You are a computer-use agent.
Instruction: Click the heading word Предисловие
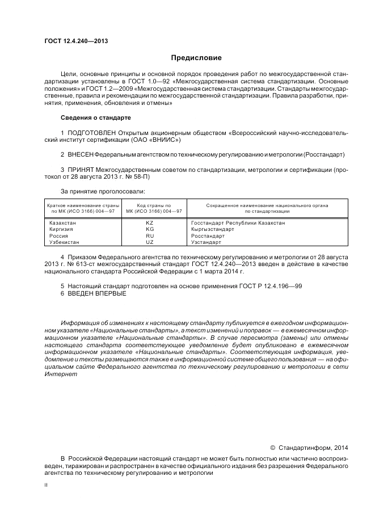pos(196,57)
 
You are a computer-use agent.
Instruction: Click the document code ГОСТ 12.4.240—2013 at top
pos(76,40)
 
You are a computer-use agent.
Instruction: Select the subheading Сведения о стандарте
pos(95,117)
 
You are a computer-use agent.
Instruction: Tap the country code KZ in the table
pos(150,223)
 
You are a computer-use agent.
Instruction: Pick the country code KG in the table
pos(150,229)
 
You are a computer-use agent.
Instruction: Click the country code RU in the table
pos(150,235)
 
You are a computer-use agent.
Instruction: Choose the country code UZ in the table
pos(150,242)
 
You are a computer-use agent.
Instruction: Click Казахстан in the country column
pos(62,223)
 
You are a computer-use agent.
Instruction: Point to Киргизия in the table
pos(61,229)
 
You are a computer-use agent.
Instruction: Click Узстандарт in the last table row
pos(208,242)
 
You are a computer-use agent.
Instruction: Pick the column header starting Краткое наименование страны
pos(83,208)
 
